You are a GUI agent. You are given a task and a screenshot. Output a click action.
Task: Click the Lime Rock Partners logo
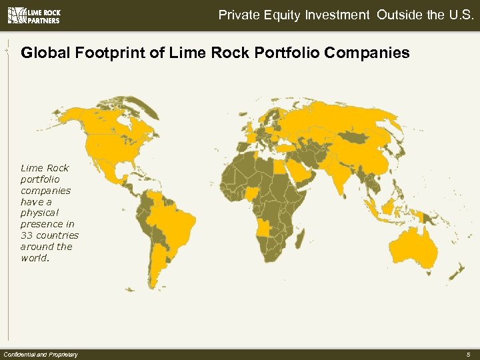[x=33, y=16]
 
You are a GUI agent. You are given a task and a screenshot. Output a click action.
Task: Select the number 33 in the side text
[x=28, y=235]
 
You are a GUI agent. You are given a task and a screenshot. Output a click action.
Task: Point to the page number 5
[x=468, y=354]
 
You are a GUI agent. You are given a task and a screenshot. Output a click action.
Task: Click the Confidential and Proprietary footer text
[x=41, y=354]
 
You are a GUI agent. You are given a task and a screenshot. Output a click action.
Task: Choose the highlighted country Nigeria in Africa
[x=254, y=194]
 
